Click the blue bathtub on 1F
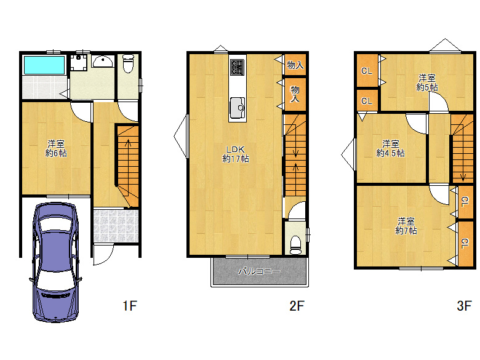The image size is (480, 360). click(44, 65)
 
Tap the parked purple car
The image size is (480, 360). click(56, 262)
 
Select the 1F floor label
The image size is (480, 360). click(130, 305)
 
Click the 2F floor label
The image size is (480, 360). click(297, 305)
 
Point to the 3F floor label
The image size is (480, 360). click(464, 305)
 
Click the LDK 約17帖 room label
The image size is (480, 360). click(236, 154)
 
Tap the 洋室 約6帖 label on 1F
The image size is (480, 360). click(56, 148)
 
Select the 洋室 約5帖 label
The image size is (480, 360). click(427, 82)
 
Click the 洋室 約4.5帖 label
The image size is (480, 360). click(390, 148)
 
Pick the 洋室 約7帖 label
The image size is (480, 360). click(406, 226)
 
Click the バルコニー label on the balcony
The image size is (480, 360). click(259, 271)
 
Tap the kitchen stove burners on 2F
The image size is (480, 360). click(238, 66)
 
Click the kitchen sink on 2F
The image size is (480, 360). click(238, 108)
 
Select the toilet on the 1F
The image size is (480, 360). click(128, 63)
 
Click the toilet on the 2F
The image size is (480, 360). click(295, 245)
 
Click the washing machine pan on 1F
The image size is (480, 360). click(79, 62)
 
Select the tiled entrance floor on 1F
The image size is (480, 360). click(116, 226)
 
